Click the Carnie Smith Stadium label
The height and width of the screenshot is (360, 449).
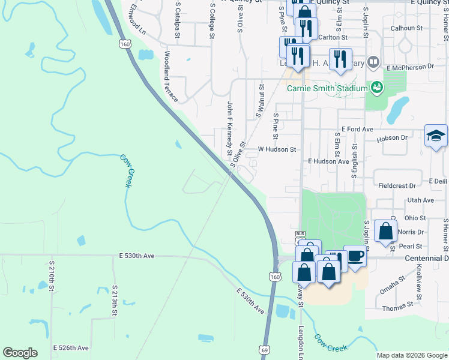327,89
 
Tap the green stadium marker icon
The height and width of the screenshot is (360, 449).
376,88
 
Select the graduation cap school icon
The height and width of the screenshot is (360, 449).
436,136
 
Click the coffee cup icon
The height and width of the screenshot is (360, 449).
355,256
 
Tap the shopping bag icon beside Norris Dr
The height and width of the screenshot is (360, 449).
385,231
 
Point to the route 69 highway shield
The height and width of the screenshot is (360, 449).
264,349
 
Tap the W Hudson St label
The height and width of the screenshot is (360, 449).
277,149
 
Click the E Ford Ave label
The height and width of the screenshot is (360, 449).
357,129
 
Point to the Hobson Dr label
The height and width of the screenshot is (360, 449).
408,137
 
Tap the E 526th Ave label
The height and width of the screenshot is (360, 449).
71,348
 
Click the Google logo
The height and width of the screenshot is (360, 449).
20,352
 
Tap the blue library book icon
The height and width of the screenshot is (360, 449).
373,62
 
